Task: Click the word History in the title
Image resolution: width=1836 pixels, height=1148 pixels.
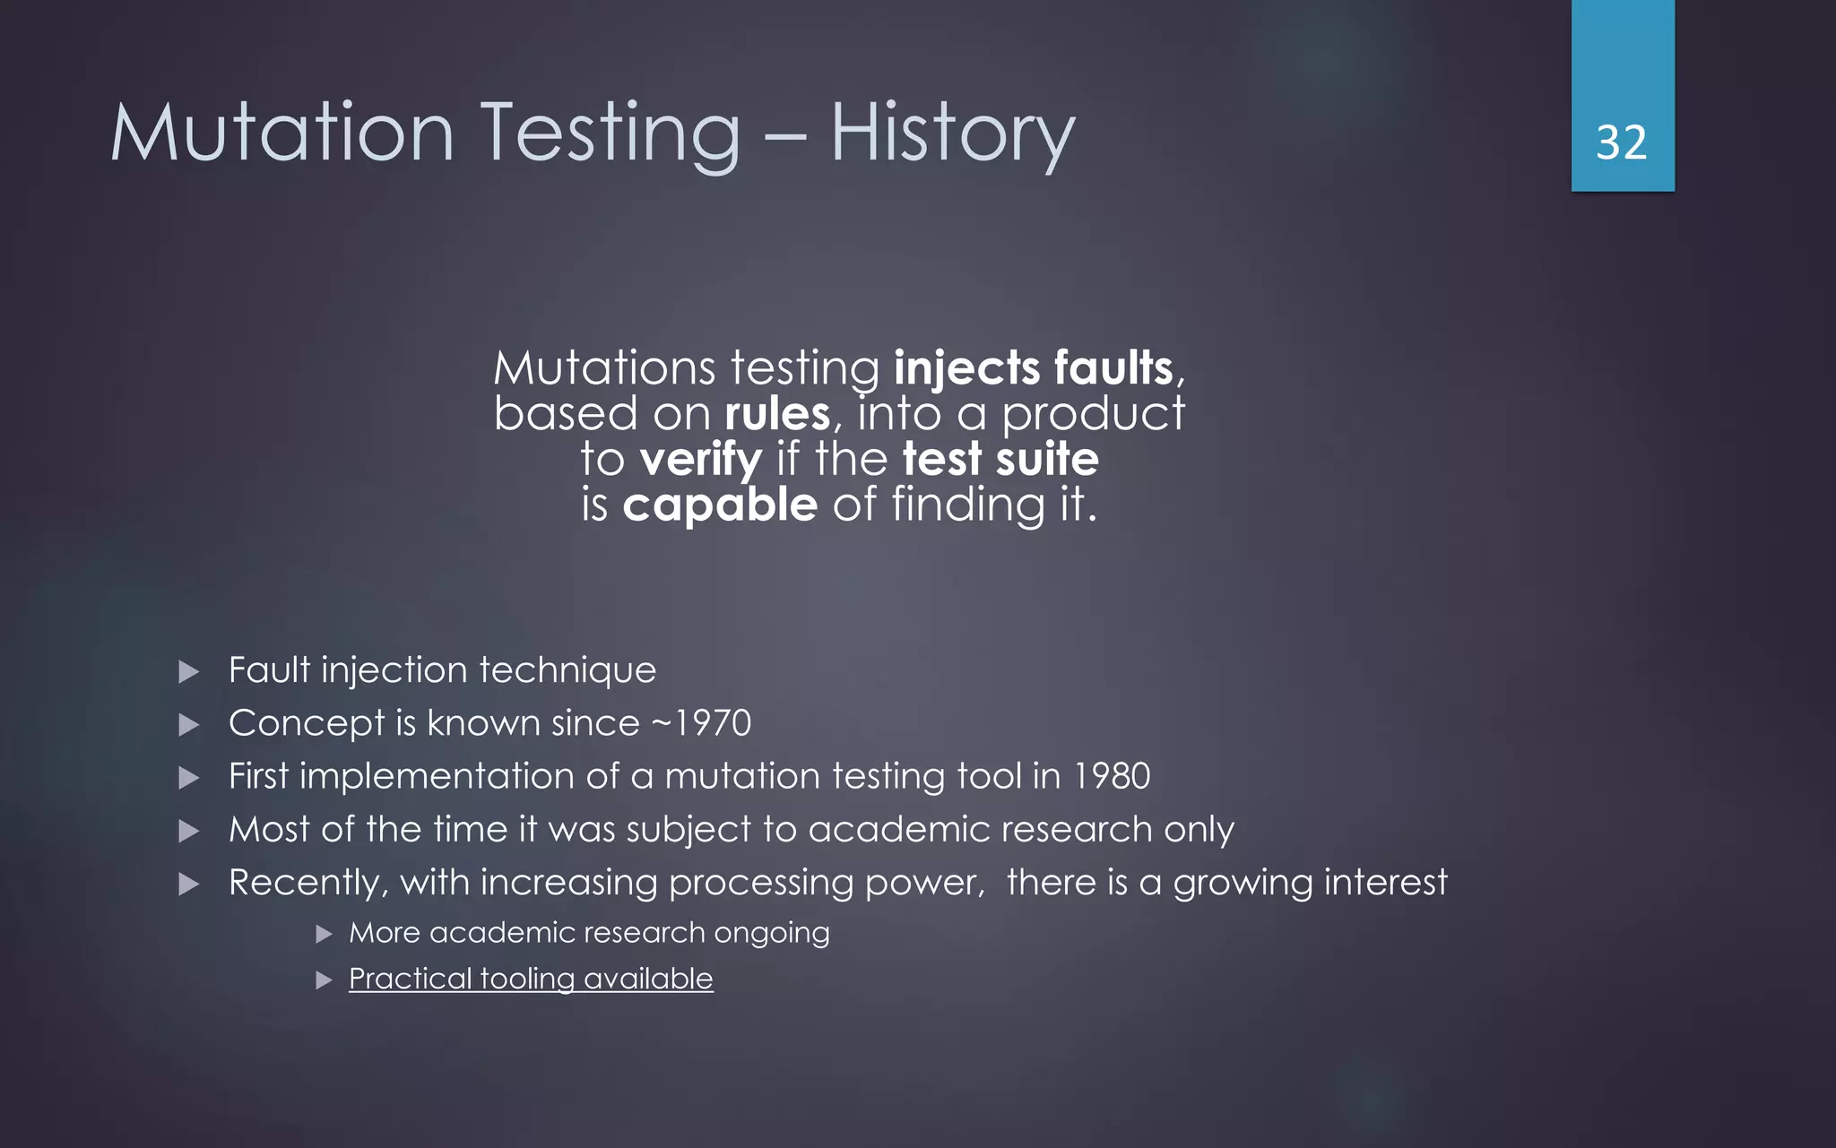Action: (952, 134)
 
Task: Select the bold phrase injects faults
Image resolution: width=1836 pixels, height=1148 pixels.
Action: (1034, 368)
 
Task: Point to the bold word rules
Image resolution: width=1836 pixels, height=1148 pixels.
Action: (777, 414)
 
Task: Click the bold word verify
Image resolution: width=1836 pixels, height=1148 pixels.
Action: (701, 461)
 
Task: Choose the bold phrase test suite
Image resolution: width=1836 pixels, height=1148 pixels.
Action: (1000, 459)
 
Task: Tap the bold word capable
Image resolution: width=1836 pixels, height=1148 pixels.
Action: (720, 505)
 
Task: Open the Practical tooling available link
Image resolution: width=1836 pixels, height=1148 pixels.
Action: (531, 979)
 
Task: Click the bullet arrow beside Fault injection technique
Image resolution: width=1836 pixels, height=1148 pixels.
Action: (188, 671)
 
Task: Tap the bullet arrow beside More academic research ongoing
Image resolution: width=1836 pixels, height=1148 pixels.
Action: (325, 935)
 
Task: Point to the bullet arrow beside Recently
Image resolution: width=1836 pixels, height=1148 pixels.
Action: (188, 885)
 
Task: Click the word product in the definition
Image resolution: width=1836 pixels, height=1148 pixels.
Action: (1093, 414)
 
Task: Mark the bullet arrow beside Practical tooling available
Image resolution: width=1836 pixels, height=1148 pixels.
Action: (325, 980)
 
